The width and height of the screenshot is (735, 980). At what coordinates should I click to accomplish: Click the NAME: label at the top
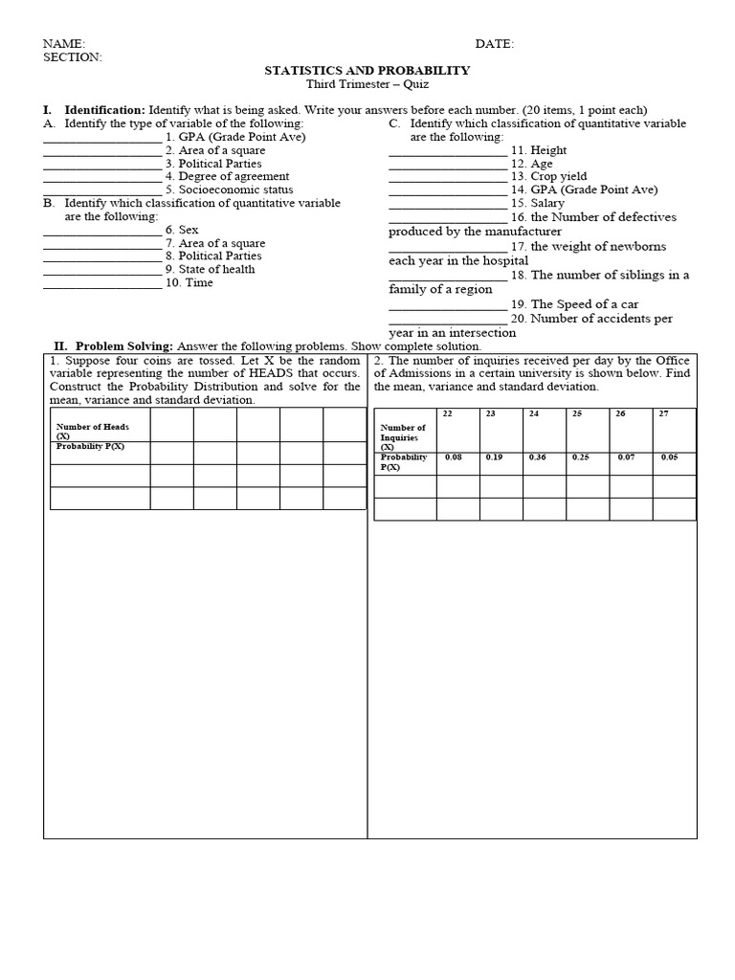point(64,44)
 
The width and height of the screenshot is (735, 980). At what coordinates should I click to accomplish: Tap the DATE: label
point(495,44)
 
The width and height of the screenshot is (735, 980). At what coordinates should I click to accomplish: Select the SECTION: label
point(73,57)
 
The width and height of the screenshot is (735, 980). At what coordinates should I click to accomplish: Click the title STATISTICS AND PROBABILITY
point(367,71)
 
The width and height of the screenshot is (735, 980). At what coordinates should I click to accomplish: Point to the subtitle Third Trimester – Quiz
point(367,84)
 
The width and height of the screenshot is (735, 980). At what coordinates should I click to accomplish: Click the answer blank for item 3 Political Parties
point(102,164)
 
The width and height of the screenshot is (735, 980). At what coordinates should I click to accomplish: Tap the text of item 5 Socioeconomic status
point(229,189)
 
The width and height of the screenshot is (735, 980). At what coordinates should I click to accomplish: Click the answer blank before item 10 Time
point(102,283)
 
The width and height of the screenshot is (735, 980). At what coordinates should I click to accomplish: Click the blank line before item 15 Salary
point(447,204)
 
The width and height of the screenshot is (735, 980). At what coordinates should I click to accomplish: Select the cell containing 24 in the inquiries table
point(534,413)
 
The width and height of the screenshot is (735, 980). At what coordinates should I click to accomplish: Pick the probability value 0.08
point(453,457)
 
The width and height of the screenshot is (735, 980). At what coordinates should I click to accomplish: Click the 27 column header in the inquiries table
point(664,413)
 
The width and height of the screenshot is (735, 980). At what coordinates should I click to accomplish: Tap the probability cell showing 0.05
point(668,457)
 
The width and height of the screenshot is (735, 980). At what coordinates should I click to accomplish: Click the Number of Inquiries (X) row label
point(403,437)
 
